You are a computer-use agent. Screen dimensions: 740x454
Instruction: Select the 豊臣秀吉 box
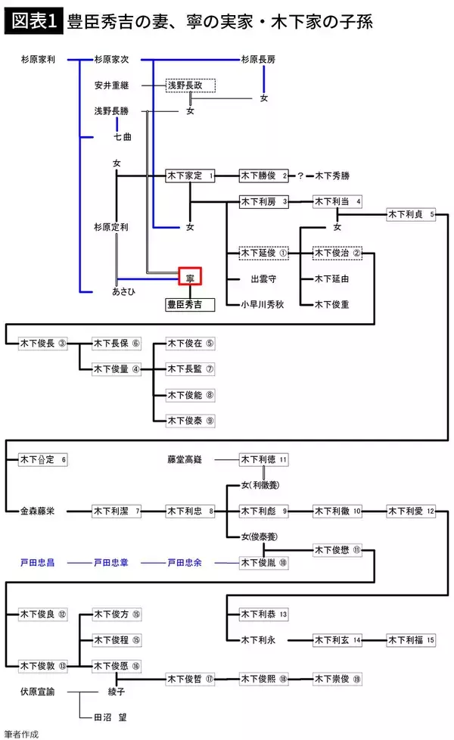[x=190, y=304]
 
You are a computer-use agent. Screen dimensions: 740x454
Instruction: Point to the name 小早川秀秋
[x=263, y=304]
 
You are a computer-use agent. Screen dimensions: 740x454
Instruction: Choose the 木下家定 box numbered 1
[x=190, y=176]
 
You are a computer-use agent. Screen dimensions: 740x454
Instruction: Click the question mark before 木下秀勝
[x=300, y=176]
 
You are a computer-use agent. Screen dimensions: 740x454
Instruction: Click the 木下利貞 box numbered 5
[x=411, y=214]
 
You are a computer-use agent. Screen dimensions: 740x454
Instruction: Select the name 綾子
[x=117, y=691]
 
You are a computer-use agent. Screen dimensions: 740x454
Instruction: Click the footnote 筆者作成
[x=21, y=733]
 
